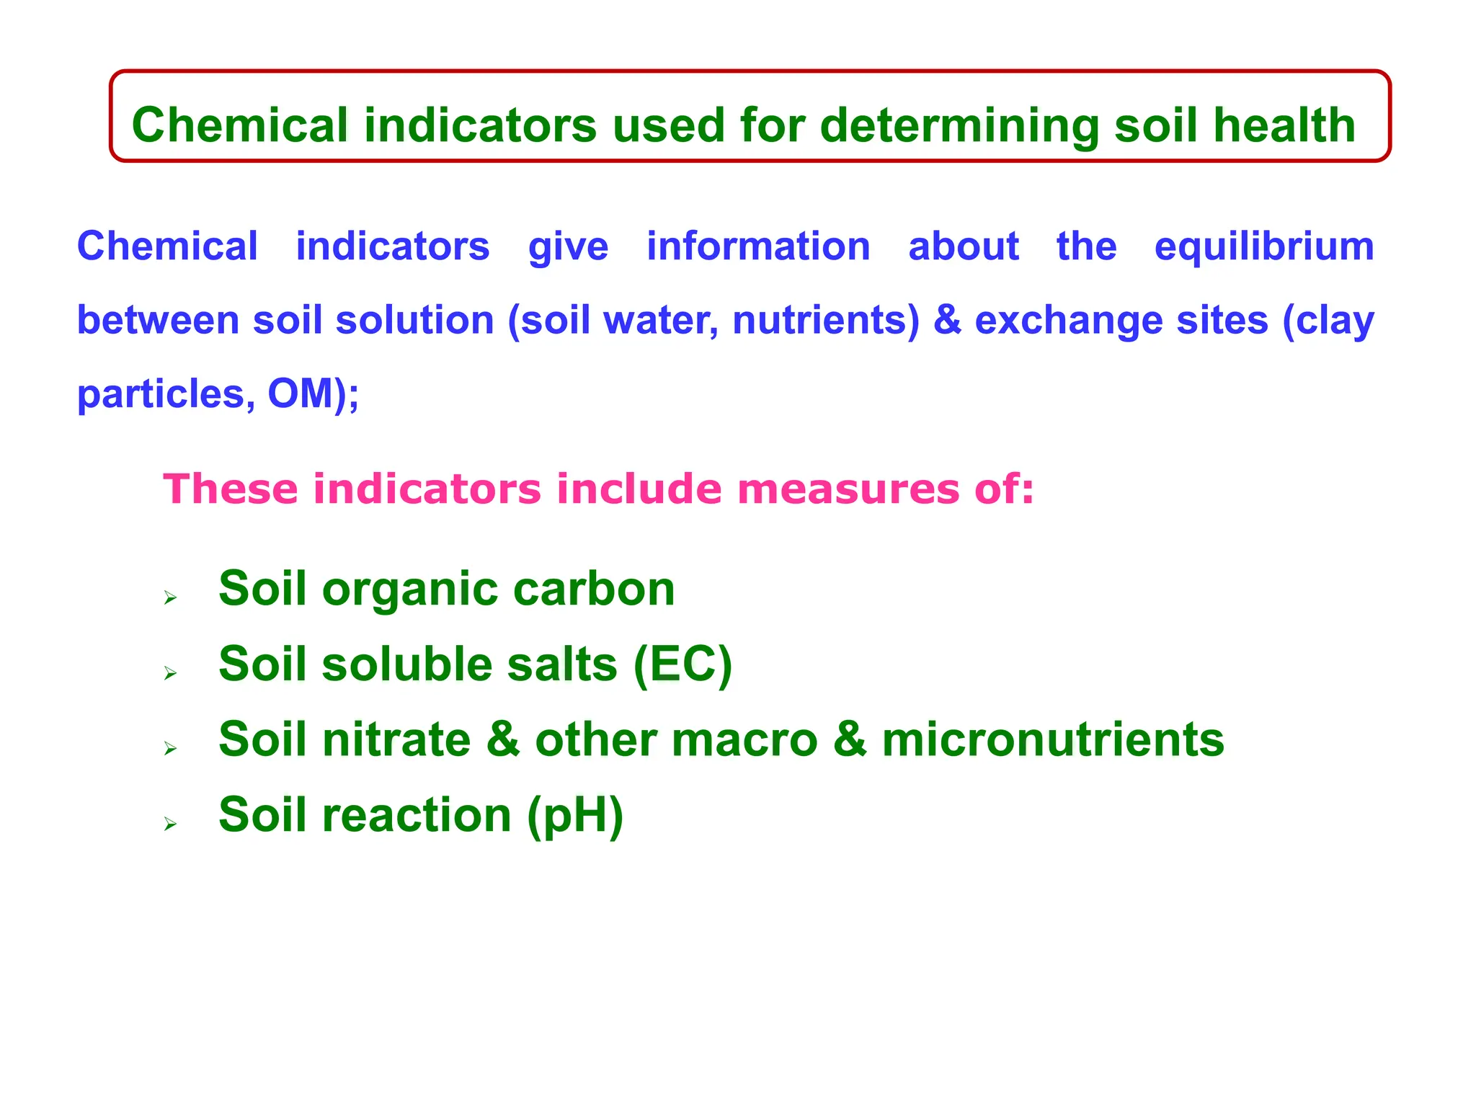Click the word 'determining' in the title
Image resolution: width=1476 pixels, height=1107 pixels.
(x=959, y=125)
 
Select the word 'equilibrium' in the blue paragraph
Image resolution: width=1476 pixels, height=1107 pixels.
(x=1264, y=247)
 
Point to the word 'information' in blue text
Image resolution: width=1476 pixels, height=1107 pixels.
(x=758, y=247)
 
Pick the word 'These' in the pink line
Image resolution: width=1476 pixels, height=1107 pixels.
(x=230, y=489)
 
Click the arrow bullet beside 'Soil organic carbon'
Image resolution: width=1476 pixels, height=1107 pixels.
(x=170, y=597)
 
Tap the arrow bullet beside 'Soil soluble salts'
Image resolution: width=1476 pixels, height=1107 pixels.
(x=170, y=673)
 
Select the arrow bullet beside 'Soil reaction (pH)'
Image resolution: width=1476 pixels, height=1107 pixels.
(x=170, y=824)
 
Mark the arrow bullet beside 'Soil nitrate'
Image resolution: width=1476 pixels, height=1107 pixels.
(x=170, y=749)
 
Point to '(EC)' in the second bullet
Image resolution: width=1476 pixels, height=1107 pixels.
(x=683, y=664)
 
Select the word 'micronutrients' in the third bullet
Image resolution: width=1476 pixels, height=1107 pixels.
(x=1052, y=740)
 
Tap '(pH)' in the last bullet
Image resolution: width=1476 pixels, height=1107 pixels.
(x=574, y=816)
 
